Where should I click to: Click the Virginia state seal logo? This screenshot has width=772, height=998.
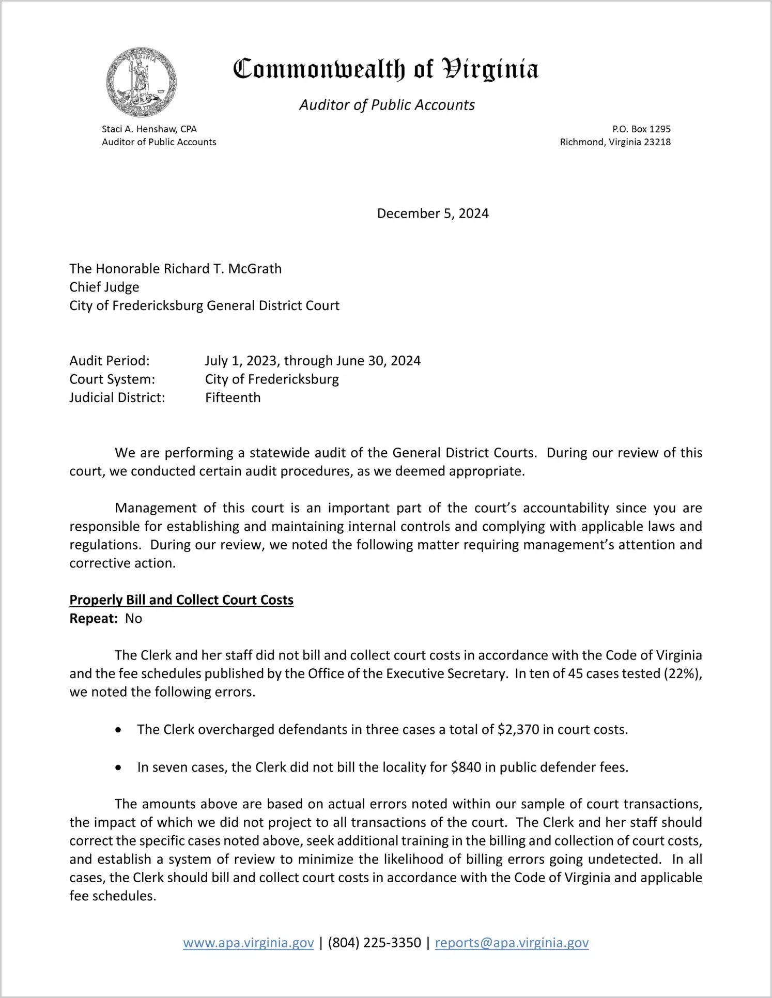point(141,82)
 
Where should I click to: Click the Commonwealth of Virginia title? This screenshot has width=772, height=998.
point(385,69)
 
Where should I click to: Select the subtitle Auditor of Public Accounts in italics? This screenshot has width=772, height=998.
point(387,105)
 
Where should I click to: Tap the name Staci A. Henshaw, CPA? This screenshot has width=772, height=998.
point(149,129)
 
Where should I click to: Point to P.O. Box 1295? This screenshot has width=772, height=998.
point(641,129)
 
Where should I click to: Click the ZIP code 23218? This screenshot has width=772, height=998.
point(657,142)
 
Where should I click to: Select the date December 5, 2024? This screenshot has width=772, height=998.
point(433,213)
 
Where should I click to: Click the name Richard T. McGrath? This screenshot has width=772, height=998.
point(223,269)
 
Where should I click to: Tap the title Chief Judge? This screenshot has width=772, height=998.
point(104,287)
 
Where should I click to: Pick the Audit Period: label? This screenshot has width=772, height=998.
point(110,361)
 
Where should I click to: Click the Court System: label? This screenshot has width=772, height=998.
point(112,379)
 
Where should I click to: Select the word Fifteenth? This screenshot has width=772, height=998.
point(233,397)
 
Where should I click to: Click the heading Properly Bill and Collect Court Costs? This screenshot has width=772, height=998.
point(181,600)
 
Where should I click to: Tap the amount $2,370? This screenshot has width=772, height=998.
point(518,730)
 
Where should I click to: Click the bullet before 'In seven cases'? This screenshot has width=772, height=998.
point(119,768)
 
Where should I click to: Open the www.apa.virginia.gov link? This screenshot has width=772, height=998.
point(249,943)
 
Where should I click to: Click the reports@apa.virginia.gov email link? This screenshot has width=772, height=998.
point(512,943)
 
